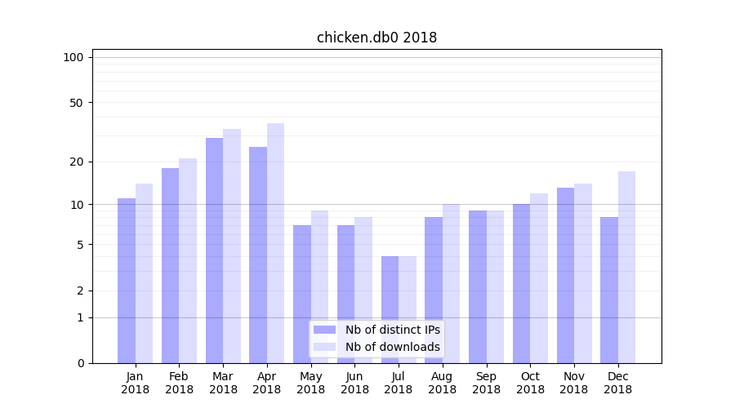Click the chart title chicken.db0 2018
pyautogui.click(x=376, y=38)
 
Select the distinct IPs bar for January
pyautogui.click(x=127, y=281)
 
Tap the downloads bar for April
pyautogui.click(x=275, y=243)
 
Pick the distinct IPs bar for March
pyautogui.click(x=214, y=251)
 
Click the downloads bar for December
pyautogui.click(x=626, y=267)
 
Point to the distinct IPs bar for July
pyautogui.click(x=390, y=309)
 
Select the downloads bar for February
pyautogui.click(x=188, y=260)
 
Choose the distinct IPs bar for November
pyautogui.click(x=565, y=275)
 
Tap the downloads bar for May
pyautogui.click(x=319, y=286)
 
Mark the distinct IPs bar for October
pyautogui.click(x=521, y=283)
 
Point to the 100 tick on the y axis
pyautogui.click(x=73, y=57)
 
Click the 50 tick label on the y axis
pyautogui.click(x=76, y=103)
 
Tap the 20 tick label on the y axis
pyautogui.click(x=76, y=162)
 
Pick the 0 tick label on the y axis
pyautogui.click(x=80, y=363)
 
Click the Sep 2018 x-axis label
pyautogui.click(x=486, y=383)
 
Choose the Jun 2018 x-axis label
pyautogui.click(x=354, y=383)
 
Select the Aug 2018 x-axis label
pyautogui.click(x=442, y=383)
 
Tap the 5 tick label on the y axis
pyautogui.click(x=80, y=245)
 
